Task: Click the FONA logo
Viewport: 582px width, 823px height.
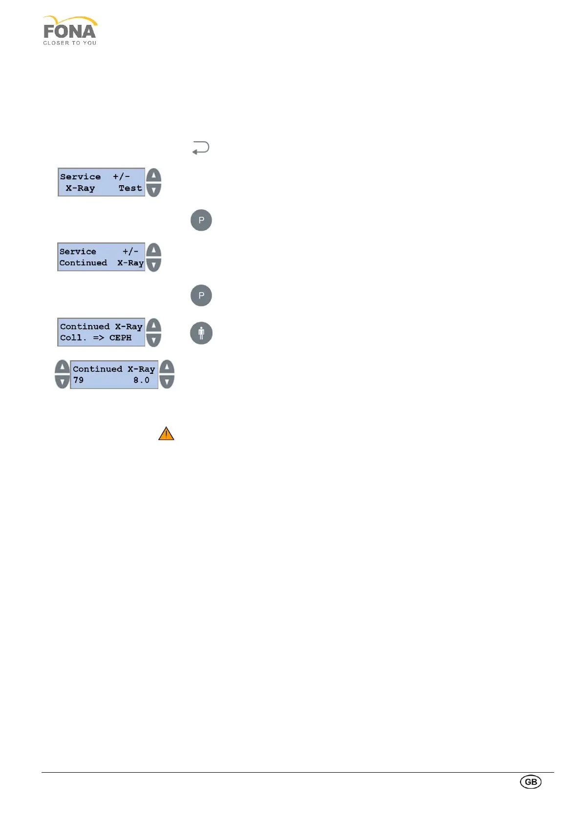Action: [x=70, y=30]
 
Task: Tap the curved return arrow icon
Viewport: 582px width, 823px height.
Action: [x=201, y=148]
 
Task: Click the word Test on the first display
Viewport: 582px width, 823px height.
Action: [x=130, y=188]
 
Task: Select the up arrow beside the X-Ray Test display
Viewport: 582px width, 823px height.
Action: [x=153, y=176]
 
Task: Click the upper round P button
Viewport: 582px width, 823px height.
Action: [x=201, y=220]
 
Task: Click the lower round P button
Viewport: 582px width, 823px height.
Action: [x=201, y=295]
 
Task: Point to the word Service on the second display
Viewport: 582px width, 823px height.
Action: [x=78, y=252]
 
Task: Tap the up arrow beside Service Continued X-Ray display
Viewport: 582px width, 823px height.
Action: [x=153, y=251]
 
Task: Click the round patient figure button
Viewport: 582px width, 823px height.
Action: [x=201, y=333]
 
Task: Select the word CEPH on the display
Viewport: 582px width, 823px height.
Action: [x=120, y=338]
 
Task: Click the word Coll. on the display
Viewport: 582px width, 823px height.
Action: [x=73, y=338]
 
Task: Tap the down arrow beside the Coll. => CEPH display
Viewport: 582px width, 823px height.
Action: [x=153, y=340]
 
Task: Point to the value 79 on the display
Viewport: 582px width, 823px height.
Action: [x=78, y=380]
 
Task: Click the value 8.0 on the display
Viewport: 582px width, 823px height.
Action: [x=141, y=380]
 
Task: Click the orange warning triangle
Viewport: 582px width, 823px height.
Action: [x=166, y=433]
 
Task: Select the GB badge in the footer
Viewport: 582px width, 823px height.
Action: [x=531, y=781]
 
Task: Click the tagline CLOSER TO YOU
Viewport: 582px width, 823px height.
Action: [x=69, y=43]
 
